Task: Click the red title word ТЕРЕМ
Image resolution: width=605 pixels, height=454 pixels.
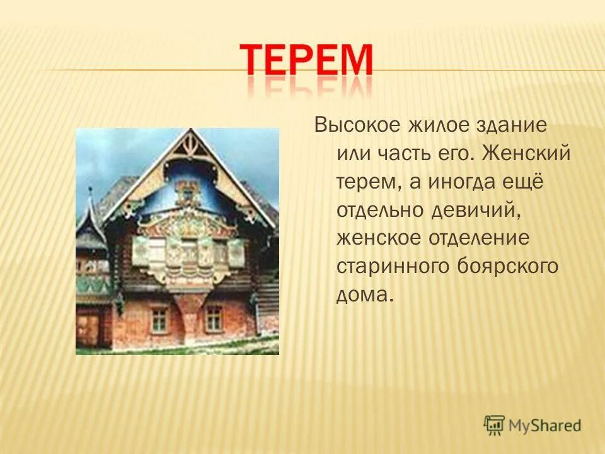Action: click(308, 61)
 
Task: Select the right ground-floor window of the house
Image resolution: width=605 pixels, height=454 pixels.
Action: click(214, 318)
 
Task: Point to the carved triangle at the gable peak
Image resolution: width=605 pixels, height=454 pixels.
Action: click(187, 148)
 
